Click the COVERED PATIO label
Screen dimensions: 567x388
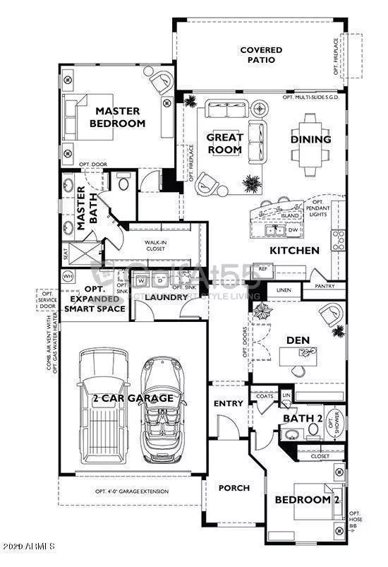point(261,55)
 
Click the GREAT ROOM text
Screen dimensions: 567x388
point(224,143)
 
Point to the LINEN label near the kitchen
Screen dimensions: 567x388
point(284,290)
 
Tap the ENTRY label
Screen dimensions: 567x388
point(228,404)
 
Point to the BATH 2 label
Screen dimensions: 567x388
point(302,419)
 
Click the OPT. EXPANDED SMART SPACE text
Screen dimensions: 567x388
point(95,299)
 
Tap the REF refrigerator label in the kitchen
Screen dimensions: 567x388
point(263,268)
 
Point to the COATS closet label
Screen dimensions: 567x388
point(265,395)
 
